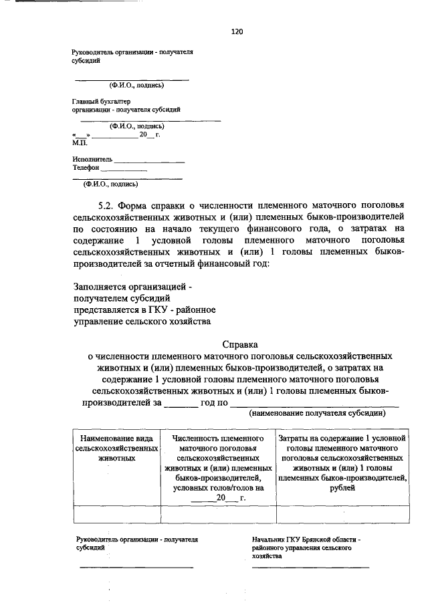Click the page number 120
click(235, 31)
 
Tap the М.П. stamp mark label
click(80, 142)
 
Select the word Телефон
click(86, 168)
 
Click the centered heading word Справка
click(239, 344)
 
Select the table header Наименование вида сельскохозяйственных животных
click(116, 448)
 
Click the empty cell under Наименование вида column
click(116, 513)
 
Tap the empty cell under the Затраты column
click(342, 513)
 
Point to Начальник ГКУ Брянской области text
click(306, 539)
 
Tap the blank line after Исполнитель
click(149, 161)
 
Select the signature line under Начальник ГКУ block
click(310, 567)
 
